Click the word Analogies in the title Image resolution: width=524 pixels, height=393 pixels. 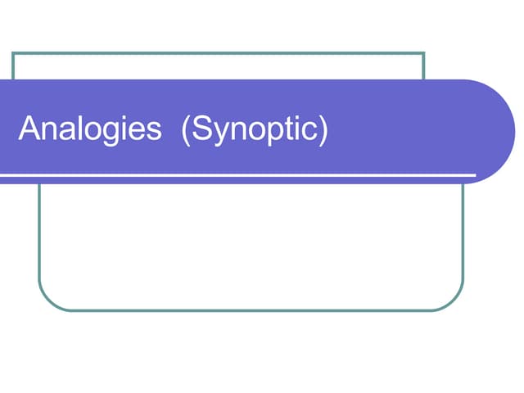pos(90,129)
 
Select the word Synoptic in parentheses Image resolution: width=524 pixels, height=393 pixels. pos(255,130)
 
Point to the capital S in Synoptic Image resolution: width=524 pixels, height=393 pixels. pos(202,128)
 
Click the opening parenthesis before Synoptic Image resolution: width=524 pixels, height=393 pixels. pos(186,130)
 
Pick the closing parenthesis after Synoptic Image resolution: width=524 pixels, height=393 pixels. pos(323,130)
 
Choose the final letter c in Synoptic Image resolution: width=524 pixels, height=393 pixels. pos(309,131)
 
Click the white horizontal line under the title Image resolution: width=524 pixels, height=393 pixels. pos(238,174)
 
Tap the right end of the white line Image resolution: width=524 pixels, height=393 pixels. pos(476,174)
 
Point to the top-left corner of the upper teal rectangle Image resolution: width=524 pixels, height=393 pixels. pos(13,52)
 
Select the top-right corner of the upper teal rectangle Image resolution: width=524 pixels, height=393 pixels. pos(424,52)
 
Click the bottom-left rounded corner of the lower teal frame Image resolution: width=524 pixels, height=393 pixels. pos(48,301)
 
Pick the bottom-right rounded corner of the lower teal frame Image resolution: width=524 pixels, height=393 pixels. pos(454,301)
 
